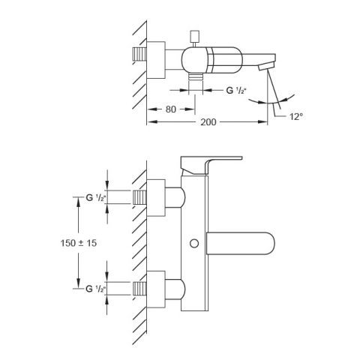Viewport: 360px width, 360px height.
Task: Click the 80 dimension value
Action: (x=171, y=109)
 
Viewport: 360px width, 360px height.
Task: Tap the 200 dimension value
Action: (x=208, y=122)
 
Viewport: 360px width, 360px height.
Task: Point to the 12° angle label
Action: (x=296, y=116)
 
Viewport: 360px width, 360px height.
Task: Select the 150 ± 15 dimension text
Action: (x=79, y=243)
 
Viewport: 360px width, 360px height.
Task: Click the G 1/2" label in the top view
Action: (x=236, y=90)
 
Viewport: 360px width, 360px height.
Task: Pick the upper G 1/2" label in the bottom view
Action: (x=96, y=198)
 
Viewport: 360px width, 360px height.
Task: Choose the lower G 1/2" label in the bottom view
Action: (x=96, y=289)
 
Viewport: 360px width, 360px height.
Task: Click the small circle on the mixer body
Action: (x=194, y=244)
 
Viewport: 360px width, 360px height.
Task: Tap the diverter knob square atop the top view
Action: (x=195, y=36)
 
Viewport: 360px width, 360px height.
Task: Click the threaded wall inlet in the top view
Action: (x=139, y=54)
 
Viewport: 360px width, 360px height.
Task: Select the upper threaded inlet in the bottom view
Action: (x=139, y=197)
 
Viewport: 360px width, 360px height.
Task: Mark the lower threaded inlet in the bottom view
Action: (x=139, y=288)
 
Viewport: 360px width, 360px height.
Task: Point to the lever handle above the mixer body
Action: (x=211, y=165)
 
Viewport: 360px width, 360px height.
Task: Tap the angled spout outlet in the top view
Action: (x=266, y=67)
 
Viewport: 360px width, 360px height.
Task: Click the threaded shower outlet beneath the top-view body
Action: (x=196, y=76)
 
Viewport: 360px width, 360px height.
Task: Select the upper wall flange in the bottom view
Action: (x=156, y=197)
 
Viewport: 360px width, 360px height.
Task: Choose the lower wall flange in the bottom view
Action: (x=156, y=289)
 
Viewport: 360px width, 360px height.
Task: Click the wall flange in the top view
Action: (x=156, y=60)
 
